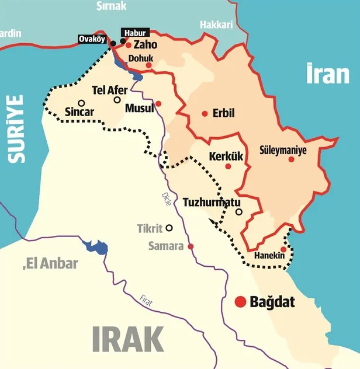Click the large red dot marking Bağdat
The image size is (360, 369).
point(240,302)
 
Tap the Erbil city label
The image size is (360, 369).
point(224,113)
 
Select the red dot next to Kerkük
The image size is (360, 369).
point(228,166)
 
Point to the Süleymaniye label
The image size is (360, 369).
point(283,149)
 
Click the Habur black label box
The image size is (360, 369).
point(134,33)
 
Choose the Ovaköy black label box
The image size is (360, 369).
point(93,40)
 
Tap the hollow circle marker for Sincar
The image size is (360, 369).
point(81,103)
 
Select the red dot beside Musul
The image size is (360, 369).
point(158,103)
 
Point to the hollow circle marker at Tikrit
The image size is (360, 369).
point(169,228)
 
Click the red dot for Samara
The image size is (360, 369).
point(191,246)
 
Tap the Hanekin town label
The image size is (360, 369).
point(269,256)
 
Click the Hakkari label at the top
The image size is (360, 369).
point(216,25)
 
